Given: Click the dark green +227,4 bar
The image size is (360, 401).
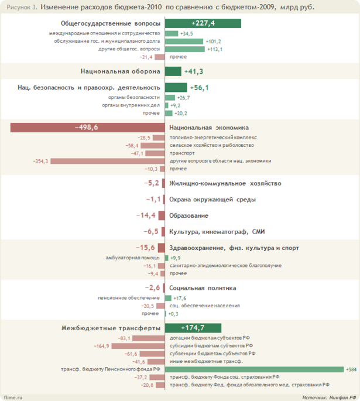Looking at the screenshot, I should point(203,23).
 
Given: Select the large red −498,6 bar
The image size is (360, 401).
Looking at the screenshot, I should point(87,128).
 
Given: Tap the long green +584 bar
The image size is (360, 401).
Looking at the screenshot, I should point(254,369).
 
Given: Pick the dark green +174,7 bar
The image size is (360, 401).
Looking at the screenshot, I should point(193,328).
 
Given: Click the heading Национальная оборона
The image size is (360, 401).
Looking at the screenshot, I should point(120,71).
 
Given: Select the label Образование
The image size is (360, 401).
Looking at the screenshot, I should point(188,215).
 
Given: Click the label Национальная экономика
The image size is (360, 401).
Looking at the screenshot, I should point(208,128).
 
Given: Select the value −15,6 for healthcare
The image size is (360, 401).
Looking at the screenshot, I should point(145,248).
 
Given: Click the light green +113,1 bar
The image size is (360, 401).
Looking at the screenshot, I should point(185,49).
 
